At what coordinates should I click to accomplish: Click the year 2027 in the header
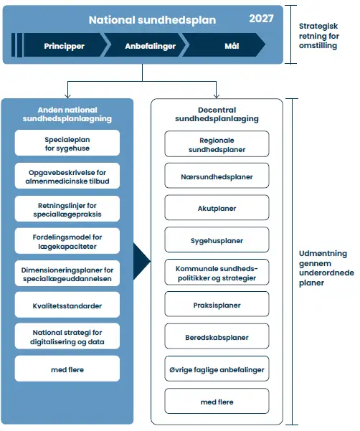261,19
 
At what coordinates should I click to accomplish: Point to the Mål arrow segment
224,45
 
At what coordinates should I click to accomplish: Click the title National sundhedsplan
152,20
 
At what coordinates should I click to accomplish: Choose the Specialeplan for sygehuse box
67,143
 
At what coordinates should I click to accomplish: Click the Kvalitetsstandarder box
67,305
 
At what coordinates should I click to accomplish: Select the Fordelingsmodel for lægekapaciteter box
67,241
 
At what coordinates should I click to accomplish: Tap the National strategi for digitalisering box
67,336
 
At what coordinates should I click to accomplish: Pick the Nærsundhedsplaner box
217,176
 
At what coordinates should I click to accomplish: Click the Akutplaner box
217,207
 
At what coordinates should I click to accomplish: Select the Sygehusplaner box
217,240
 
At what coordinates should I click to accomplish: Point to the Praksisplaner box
217,304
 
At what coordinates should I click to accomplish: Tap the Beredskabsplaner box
217,336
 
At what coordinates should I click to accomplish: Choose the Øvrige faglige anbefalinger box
217,369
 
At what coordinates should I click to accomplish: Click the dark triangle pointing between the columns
141,261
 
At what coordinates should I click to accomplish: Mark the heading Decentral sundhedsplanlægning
217,114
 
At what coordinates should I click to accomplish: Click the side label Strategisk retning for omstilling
319,36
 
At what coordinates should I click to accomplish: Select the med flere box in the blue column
67,369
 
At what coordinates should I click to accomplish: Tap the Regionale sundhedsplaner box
217,143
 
